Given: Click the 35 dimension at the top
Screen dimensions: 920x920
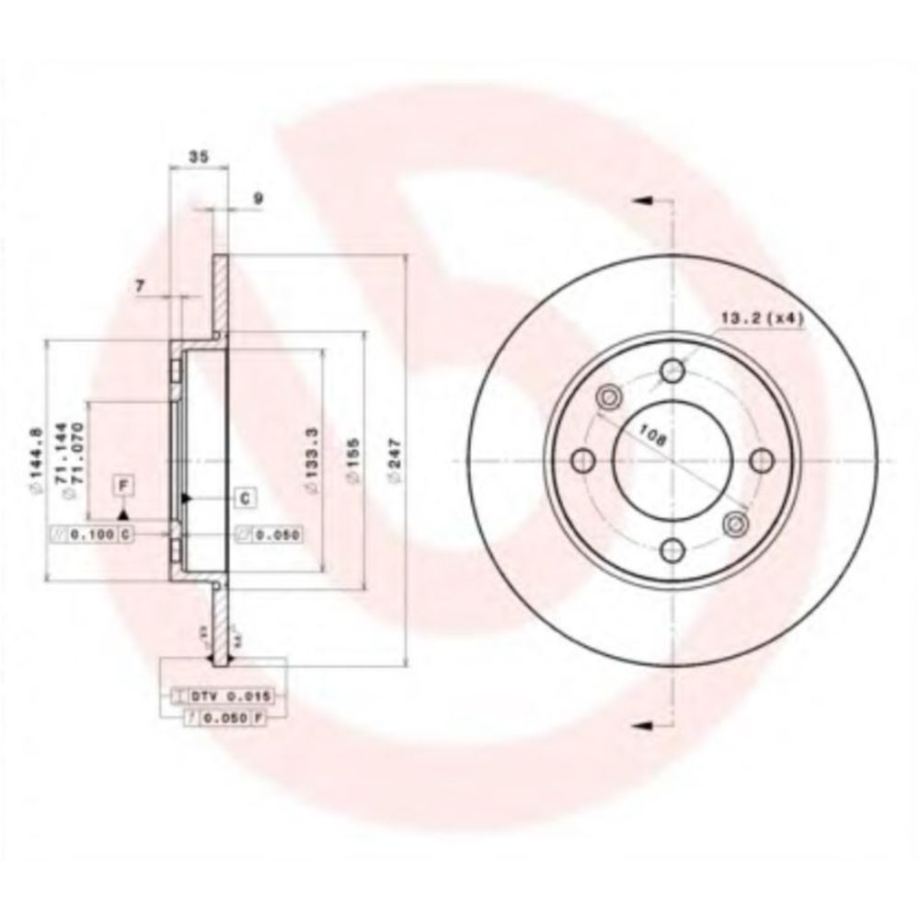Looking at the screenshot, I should pos(197,157).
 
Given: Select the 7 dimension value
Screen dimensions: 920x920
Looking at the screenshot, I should pos(141,287).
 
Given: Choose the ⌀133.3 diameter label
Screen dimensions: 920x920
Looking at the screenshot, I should pos(313,460).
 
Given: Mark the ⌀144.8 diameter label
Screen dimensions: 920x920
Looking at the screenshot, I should pos(34,458).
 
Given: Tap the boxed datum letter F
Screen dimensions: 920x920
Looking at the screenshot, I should pos(122,483).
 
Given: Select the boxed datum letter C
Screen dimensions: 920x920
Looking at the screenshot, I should pos(246,498).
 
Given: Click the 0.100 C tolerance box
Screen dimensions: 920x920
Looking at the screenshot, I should pos(91,534).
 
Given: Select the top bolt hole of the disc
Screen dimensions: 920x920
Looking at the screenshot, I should pos(673,370).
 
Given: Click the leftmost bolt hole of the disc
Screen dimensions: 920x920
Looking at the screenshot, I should pos(582,460).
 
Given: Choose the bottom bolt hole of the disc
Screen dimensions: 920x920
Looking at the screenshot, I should pos(673,550).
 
